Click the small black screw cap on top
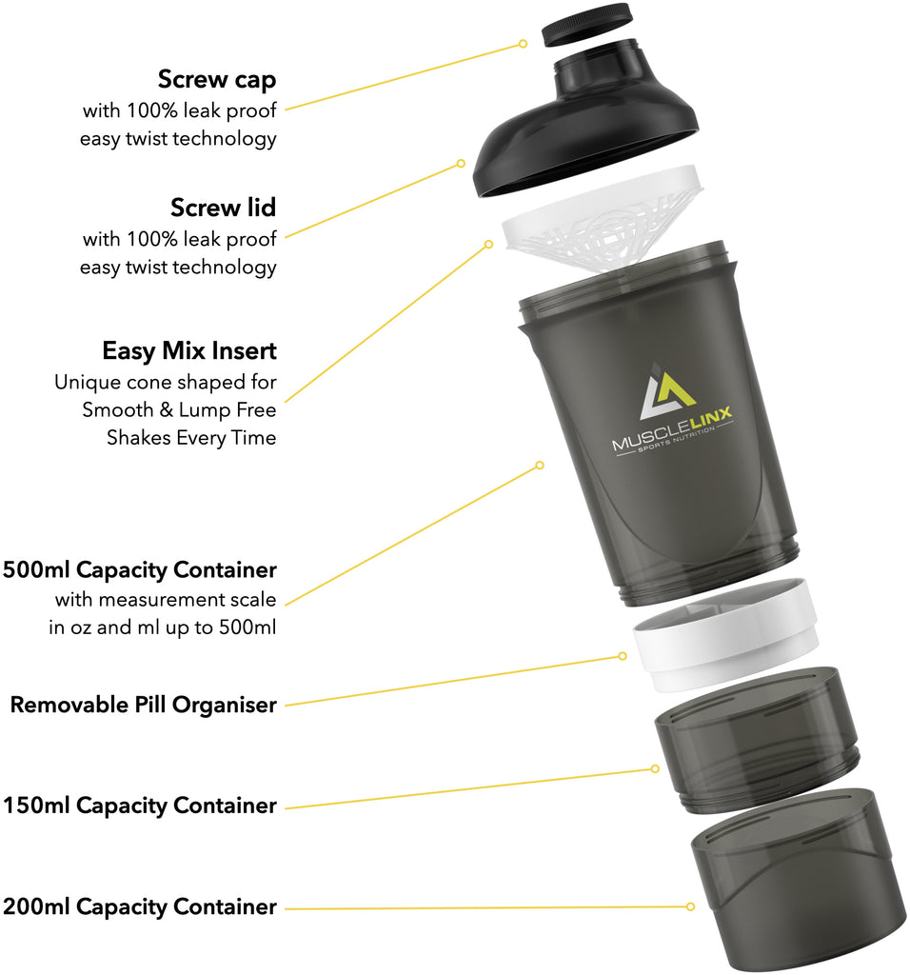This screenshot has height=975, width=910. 586,26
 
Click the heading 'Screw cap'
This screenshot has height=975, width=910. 217,78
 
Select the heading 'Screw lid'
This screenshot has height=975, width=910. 224,207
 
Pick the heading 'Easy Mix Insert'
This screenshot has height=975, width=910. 189,350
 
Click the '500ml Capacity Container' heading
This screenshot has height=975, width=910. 140,570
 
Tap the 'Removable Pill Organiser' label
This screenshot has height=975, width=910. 143,706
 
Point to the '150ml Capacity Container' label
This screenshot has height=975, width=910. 140,806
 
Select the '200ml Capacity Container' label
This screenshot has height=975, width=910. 140,906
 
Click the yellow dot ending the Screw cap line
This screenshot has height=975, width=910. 523,43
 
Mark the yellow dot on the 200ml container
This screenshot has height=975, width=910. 690,906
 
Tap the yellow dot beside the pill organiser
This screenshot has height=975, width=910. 623,655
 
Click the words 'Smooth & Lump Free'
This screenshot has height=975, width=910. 179,410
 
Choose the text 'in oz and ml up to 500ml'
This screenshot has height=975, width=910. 163,628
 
